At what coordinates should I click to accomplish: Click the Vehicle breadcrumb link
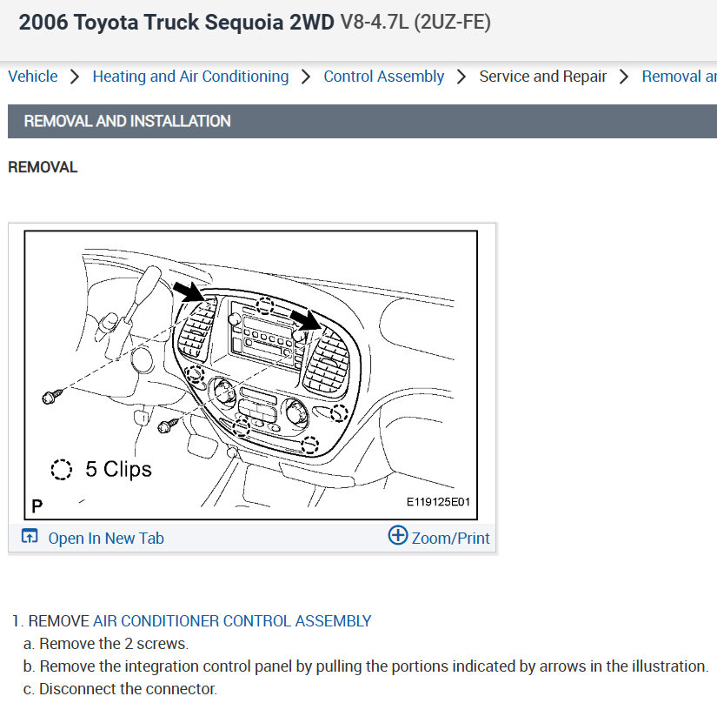click(x=33, y=77)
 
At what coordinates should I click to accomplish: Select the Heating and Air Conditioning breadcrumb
click(x=190, y=77)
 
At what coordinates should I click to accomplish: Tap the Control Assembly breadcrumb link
click(x=383, y=77)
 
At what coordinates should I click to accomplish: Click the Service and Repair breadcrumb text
click(x=543, y=77)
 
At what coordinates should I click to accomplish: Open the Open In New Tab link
click(x=106, y=539)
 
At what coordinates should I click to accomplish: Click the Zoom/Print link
click(x=450, y=539)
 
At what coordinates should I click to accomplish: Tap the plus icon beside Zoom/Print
click(x=398, y=535)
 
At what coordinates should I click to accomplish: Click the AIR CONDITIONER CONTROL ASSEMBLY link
click(x=232, y=621)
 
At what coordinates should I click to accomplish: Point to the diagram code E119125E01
click(x=438, y=502)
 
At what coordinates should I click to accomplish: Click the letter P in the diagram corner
click(x=37, y=506)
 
